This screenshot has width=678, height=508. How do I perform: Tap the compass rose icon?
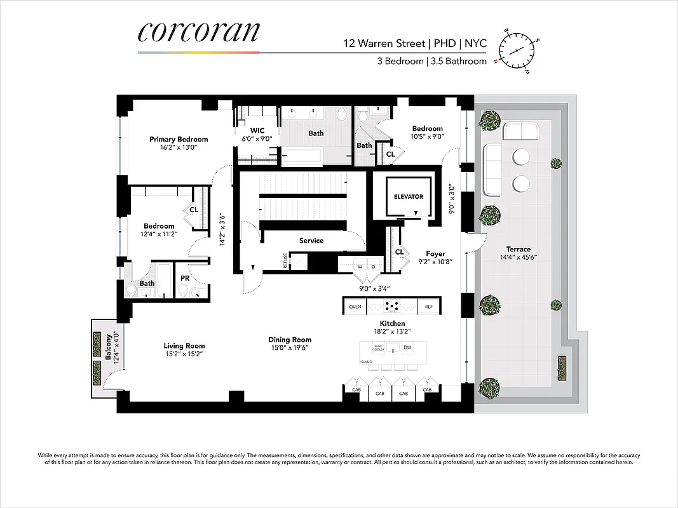point(518,50)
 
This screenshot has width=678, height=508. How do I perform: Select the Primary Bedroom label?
point(179,139)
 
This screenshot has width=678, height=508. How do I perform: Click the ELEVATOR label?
point(408,197)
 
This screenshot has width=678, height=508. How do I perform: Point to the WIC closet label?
point(257,130)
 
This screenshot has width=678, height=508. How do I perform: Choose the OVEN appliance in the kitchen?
point(355,307)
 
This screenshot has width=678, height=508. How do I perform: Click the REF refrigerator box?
point(429,307)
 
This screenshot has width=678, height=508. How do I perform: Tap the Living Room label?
point(184,346)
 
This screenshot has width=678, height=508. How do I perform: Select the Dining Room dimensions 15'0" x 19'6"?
point(290,348)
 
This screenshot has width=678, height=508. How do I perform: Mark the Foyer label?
point(435,253)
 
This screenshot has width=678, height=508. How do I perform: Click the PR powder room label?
point(185,277)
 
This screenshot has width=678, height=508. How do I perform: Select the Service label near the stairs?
point(311,241)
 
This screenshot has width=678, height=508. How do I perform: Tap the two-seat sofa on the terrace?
point(520,131)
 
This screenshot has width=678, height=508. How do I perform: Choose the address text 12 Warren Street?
point(384,44)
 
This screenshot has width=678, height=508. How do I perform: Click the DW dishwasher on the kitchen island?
point(407,348)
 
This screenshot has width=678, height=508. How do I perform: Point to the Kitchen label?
point(392,323)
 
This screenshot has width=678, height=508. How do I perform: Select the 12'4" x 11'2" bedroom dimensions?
point(159,234)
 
